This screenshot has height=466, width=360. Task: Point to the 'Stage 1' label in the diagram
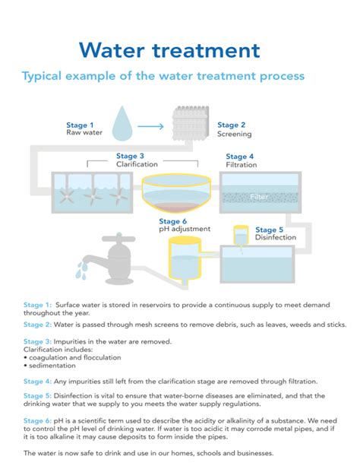click(80, 125)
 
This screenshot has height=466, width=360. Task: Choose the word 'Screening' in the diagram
click(235, 135)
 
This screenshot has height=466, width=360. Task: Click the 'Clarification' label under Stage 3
click(137, 164)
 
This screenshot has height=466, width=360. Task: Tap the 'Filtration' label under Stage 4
click(241, 164)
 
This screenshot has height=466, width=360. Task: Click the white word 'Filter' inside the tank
click(260, 197)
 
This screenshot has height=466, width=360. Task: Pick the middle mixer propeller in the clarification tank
click(92, 195)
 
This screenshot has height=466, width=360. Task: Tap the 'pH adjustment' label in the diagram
click(179, 228)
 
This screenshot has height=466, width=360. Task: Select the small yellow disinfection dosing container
click(241, 235)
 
